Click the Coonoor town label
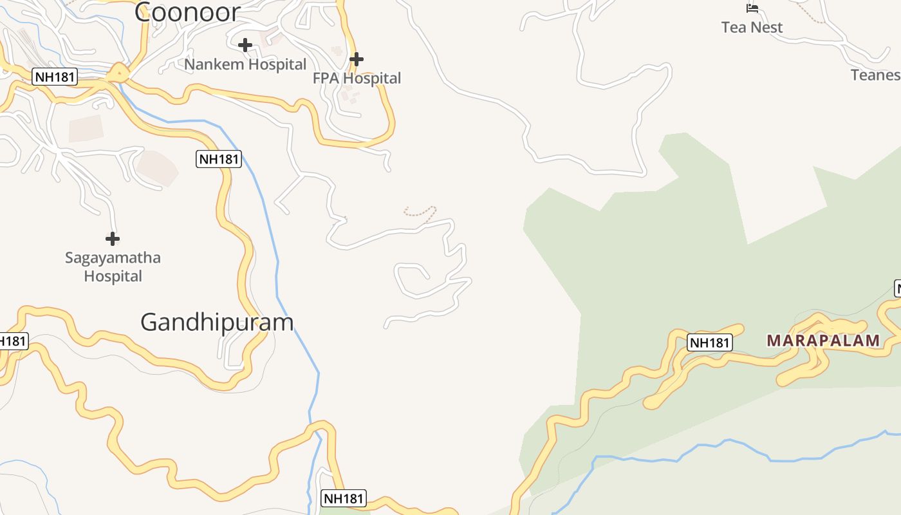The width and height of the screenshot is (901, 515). click(x=187, y=12)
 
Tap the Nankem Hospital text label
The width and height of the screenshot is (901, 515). click(x=245, y=64)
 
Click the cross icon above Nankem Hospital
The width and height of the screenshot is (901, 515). click(x=245, y=45)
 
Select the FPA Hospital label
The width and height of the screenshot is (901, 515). click(x=357, y=79)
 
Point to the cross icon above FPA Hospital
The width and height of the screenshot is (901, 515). click(x=357, y=59)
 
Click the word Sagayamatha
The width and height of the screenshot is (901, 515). click(x=113, y=258)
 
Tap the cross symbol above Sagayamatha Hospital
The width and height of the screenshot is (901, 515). click(x=113, y=239)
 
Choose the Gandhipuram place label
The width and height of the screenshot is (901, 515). click(x=217, y=322)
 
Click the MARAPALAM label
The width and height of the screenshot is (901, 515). click(x=823, y=341)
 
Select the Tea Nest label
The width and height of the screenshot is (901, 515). click(x=752, y=28)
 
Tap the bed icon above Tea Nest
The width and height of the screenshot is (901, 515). click(x=752, y=8)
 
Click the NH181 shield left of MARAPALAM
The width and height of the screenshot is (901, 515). click(x=710, y=342)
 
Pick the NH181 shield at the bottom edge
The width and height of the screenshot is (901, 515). click(x=344, y=498)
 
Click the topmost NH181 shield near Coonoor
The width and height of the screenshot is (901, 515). click(x=55, y=77)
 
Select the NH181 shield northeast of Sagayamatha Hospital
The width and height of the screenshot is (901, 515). click(x=219, y=159)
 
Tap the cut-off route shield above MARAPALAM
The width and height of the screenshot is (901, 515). click(x=897, y=288)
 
